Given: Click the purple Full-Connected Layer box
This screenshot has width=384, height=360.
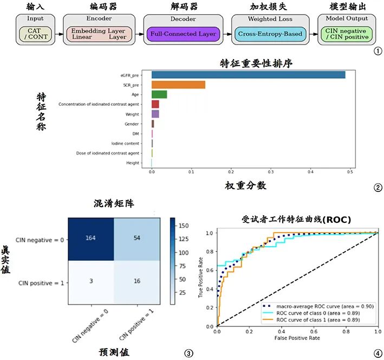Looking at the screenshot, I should (x=183, y=34).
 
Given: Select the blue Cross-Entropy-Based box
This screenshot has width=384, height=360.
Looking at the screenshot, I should (x=270, y=34).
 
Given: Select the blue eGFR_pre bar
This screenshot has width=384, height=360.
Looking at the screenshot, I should (x=248, y=75).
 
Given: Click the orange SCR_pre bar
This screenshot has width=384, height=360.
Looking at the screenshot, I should (x=178, y=85).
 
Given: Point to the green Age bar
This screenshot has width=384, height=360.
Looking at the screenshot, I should (x=159, y=94).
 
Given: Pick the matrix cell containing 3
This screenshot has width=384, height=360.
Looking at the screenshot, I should (x=90, y=282).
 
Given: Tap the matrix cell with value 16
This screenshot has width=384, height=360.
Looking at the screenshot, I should (x=136, y=282).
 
